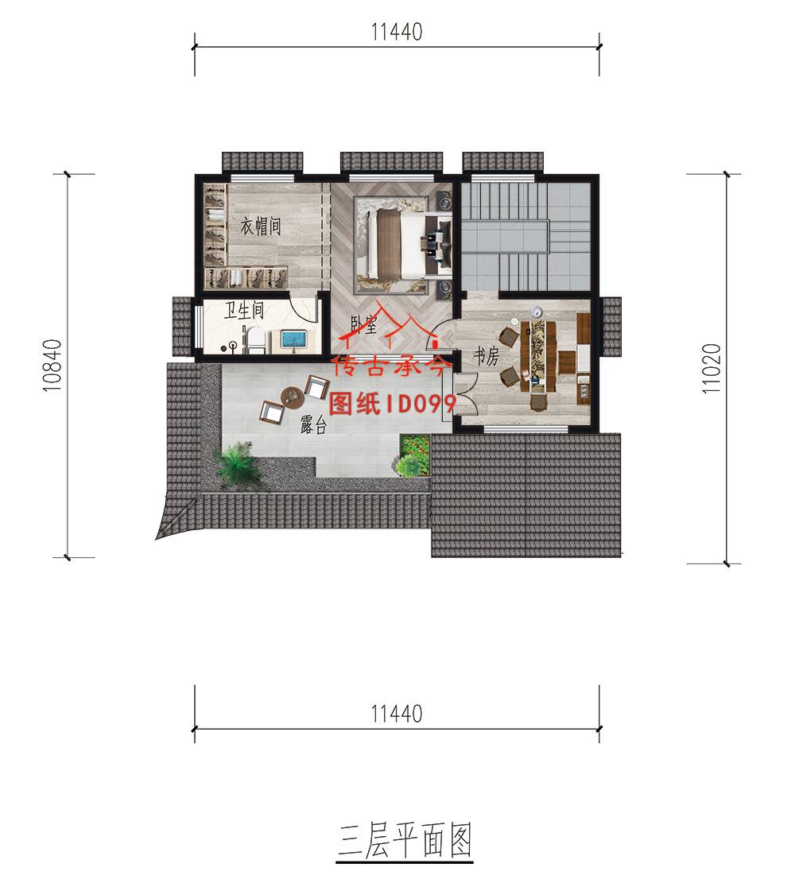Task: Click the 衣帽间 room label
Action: point(260,227)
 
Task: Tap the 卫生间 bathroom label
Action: point(243,310)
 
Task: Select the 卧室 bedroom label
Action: point(363,324)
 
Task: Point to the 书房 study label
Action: point(486,356)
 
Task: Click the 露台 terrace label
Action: point(313,425)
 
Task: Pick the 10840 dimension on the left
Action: point(52,366)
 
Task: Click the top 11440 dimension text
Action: point(397,33)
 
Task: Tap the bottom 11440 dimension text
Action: point(397,714)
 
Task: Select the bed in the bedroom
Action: point(403,245)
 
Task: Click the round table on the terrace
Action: point(293,397)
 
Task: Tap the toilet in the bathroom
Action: point(255,341)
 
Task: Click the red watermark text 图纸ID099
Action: point(392,403)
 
